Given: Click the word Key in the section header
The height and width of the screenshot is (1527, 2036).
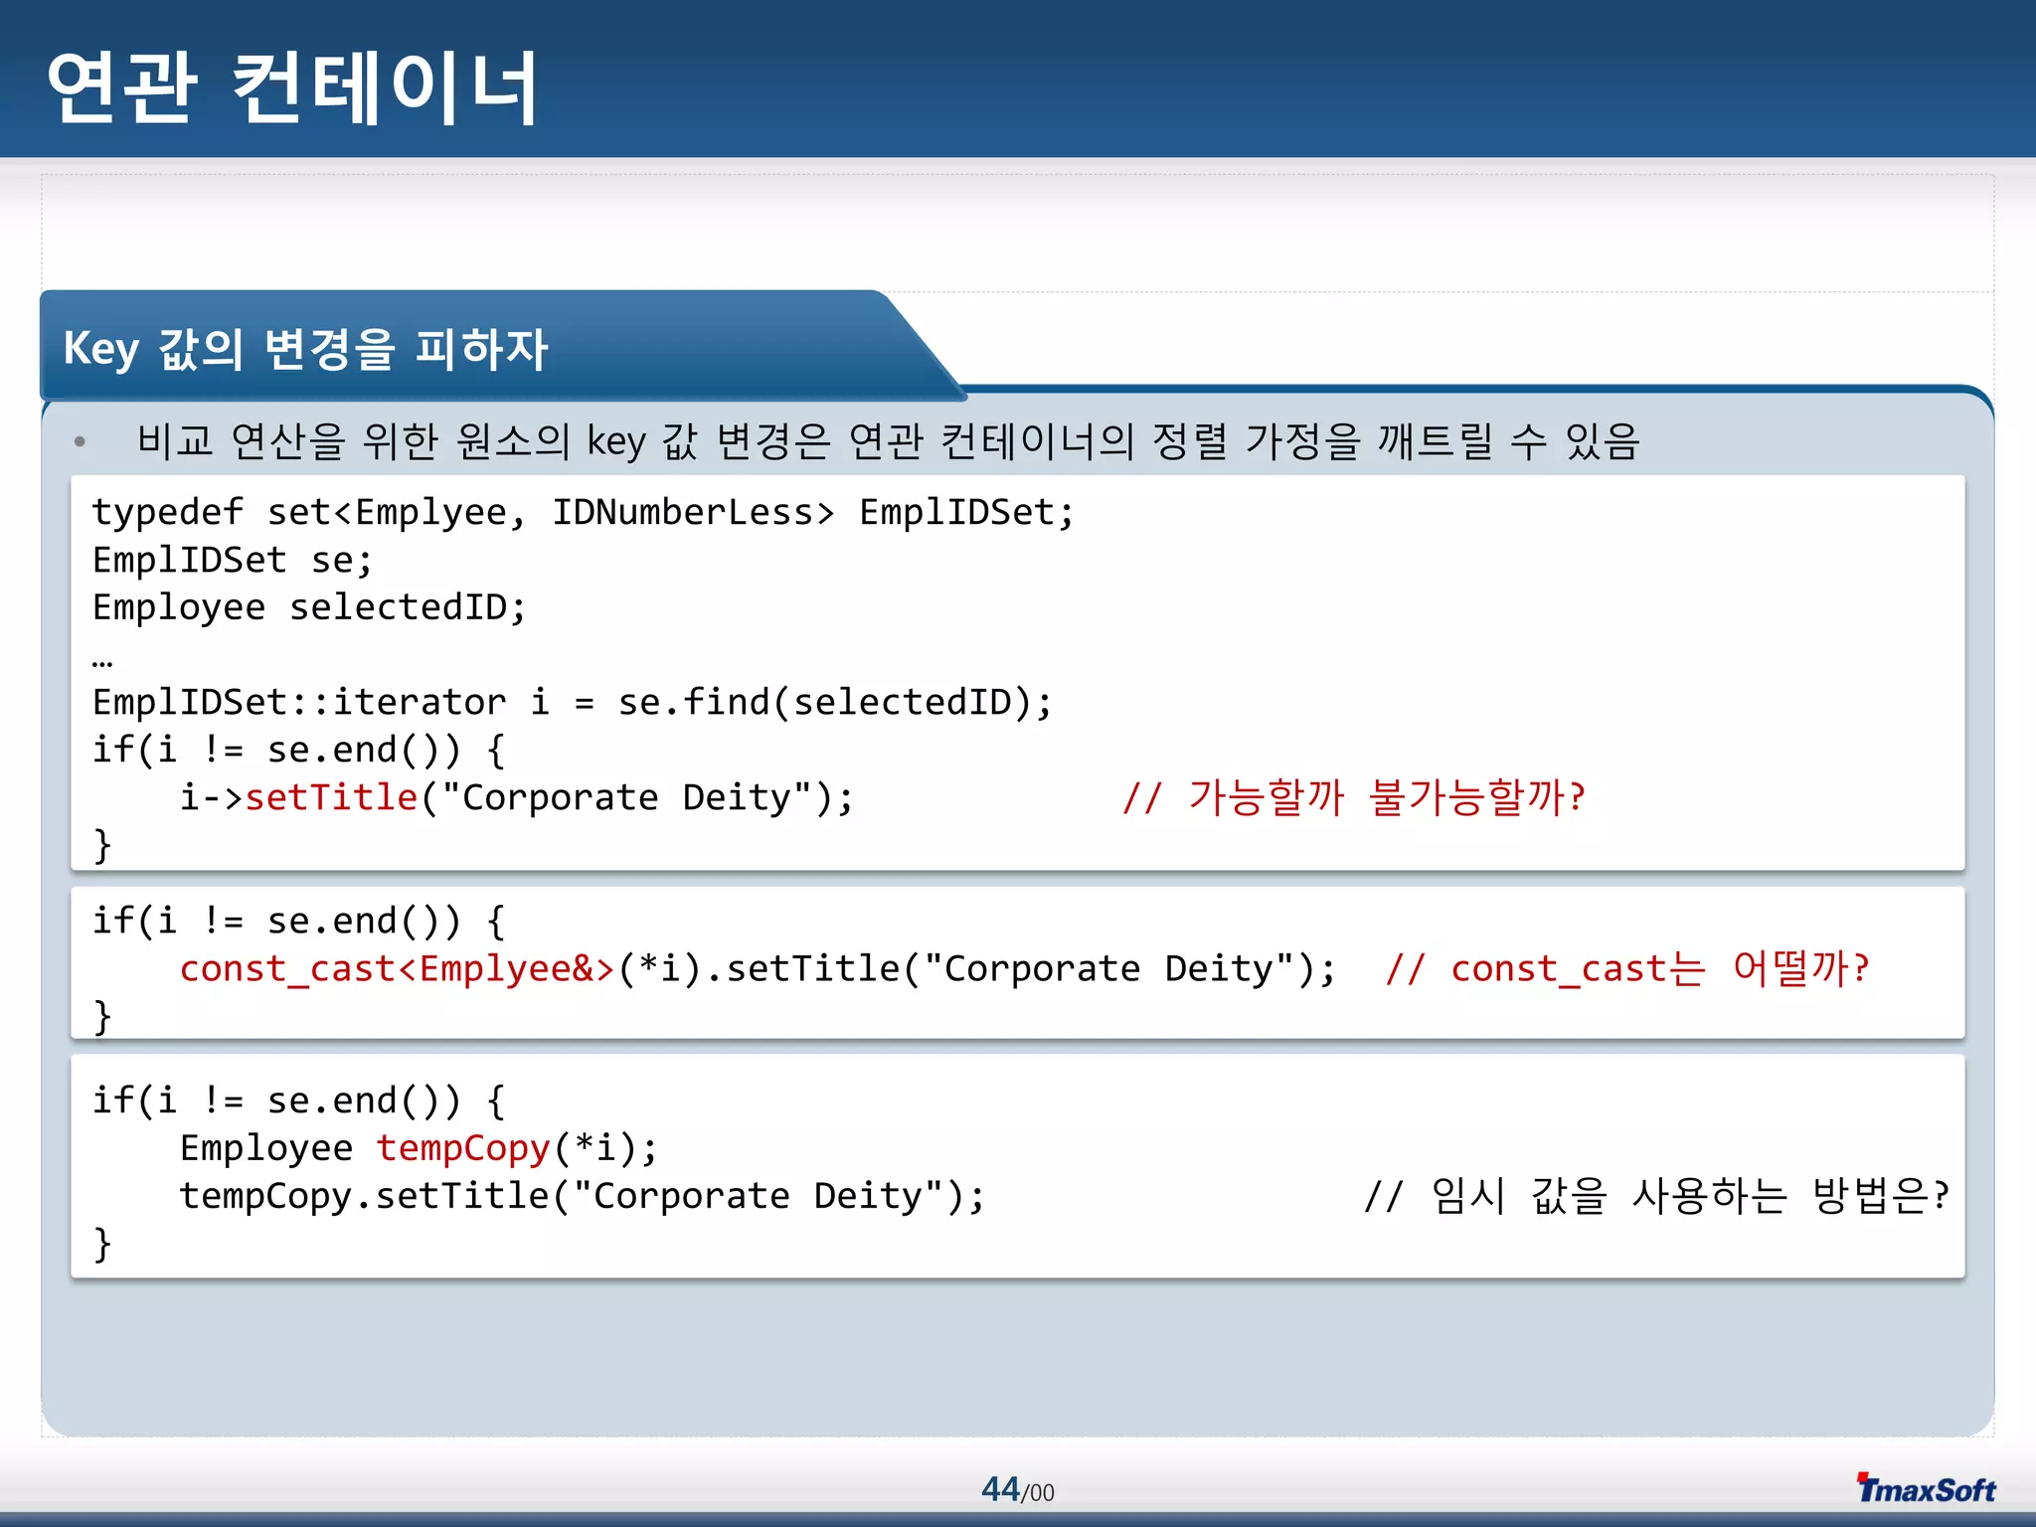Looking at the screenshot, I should (x=100, y=349).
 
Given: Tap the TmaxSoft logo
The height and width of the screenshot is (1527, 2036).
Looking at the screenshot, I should (x=1926, y=1488).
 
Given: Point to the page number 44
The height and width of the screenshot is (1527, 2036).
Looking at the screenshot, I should (x=1000, y=1488).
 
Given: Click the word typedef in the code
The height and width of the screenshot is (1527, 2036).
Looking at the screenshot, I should (x=167, y=513).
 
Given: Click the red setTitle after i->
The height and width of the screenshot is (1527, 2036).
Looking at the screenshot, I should (x=331, y=797).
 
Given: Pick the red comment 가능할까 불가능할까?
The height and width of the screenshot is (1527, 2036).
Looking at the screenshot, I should (x=1354, y=797).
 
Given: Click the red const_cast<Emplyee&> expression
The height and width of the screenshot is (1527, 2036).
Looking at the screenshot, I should (x=397, y=968).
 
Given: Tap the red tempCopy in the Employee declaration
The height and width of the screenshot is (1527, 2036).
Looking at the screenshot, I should (x=462, y=1148).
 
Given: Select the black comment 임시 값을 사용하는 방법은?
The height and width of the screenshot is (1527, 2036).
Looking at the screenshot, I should (x=1656, y=1196).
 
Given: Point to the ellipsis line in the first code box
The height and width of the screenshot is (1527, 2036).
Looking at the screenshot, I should (x=102, y=658).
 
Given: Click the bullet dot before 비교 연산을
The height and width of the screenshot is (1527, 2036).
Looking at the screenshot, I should (x=80, y=441).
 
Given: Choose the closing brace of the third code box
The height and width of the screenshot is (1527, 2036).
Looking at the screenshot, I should (x=101, y=1244).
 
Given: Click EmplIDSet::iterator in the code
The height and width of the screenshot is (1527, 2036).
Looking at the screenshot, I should (x=299, y=703).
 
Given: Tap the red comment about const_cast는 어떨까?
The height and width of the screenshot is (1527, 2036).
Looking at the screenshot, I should (x=1627, y=968).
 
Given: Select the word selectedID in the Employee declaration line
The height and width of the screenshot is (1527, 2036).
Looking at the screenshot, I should (x=408, y=607).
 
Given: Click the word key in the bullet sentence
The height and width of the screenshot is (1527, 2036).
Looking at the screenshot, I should (x=616, y=441).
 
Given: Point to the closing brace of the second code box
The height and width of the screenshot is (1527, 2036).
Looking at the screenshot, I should (x=101, y=1016).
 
